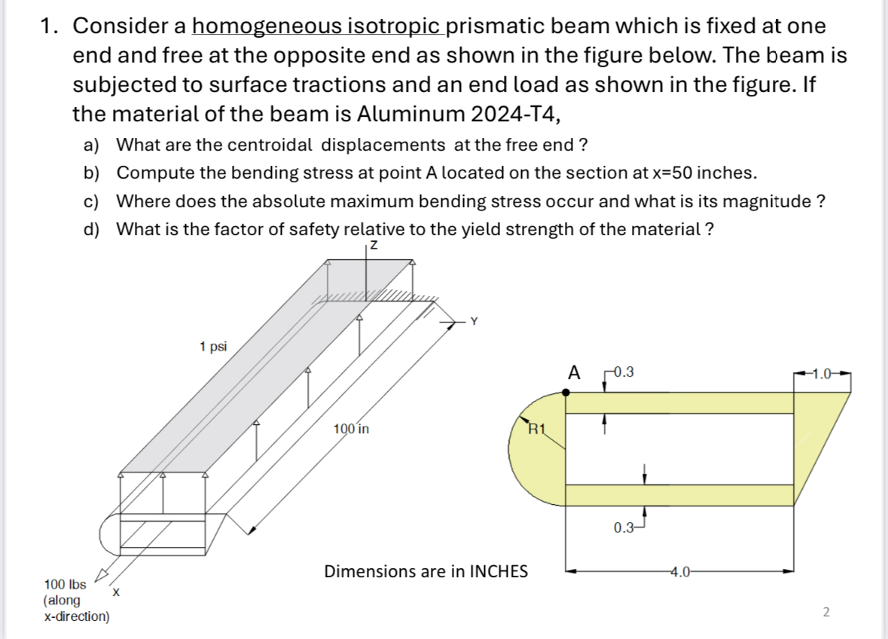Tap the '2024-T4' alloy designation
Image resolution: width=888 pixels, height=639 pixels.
[x=511, y=114]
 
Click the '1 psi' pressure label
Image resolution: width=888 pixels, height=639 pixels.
[x=213, y=347]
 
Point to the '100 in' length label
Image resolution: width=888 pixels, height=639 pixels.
[x=351, y=430]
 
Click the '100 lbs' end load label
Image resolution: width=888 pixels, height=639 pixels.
[x=65, y=584]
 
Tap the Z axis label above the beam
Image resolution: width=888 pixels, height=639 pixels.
[x=371, y=246]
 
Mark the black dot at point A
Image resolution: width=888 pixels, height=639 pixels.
[x=566, y=392]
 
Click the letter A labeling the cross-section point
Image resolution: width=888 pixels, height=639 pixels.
[x=575, y=372]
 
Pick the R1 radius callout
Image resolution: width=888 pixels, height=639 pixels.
[x=537, y=431]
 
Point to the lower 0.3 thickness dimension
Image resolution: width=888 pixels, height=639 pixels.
[x=624, y=527]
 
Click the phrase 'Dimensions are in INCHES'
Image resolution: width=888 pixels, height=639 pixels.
[x=426, y=571]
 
